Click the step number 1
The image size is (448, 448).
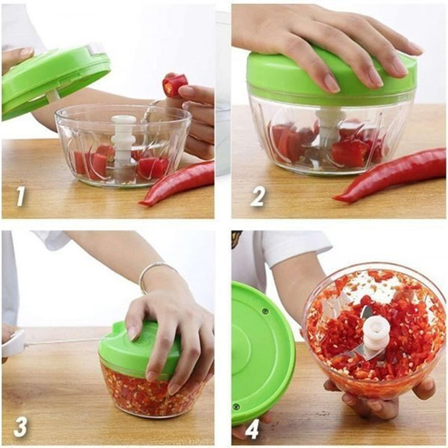click(x=21, y=196)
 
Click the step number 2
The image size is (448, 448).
click(x=258, y=196)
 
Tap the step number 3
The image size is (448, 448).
click(x=21, y=426)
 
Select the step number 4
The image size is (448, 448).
click(x=252, y=429)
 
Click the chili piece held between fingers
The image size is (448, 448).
click(x=174, y=85)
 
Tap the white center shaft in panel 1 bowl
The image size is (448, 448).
click(x=123, y=141)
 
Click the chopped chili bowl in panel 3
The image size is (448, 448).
click(x=147, y=392)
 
